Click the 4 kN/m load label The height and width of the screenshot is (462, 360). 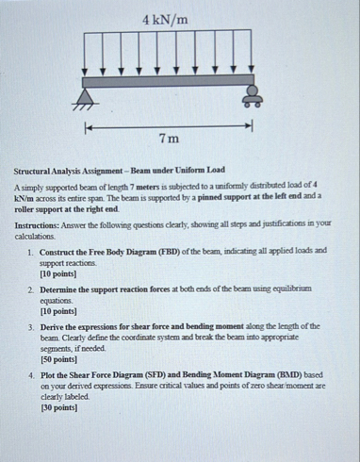[166, 19]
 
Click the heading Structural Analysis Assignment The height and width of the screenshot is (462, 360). [85, 175]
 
